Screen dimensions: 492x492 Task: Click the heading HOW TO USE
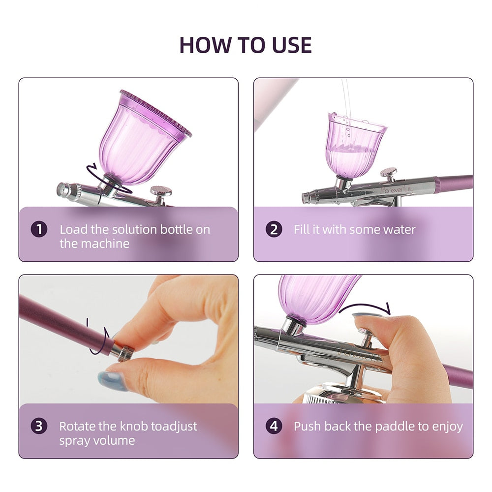pos(246,45)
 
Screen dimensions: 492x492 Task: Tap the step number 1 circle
pos(39,230)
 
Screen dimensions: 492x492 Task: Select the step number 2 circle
pos(274,230)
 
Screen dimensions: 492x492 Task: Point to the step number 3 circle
pos(39,426)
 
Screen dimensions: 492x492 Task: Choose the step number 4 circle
pos(274,426)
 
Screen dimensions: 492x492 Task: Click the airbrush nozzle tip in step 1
pos(62,189)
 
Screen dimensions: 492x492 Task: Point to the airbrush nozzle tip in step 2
pos(306,198)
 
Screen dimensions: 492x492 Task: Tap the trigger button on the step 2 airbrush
pos(389,173)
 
